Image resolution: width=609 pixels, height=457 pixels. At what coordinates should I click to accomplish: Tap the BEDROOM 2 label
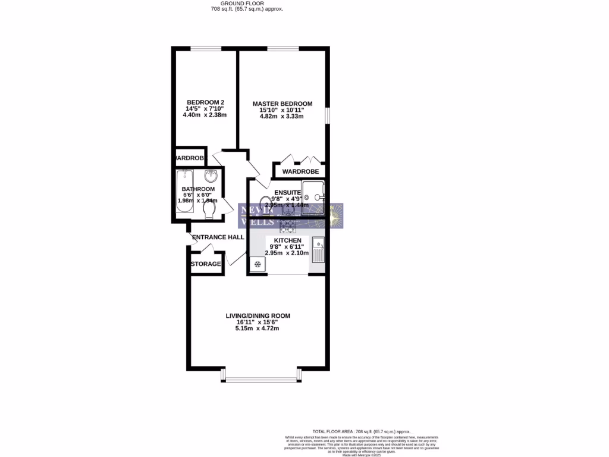[x=200, y=102]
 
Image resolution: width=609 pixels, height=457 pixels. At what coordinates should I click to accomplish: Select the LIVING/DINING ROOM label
[x=258, y=315]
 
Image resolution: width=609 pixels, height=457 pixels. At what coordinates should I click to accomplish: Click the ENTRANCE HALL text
[x=218, y=237]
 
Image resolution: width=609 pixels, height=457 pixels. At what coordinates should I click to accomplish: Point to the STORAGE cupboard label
[x=206, y=264]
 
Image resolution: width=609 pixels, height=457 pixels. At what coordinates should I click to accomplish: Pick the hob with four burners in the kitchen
[x=288, y=225]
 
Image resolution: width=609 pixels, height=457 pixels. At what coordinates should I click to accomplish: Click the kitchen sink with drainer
[x=319, y=250]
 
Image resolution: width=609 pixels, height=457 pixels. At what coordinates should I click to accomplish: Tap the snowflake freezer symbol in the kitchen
[x=258, y=265]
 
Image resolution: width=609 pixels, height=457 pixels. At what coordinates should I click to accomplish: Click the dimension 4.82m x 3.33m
[x=281, y=117]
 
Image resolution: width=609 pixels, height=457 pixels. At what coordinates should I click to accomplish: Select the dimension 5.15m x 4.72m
[x=258, y=328]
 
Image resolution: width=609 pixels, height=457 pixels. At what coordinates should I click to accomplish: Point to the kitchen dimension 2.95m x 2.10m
[x=287, y=253]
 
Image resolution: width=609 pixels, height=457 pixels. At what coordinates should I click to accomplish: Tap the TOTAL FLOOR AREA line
[x=362, y=431]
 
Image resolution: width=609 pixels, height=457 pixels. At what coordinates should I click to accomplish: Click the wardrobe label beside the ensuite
[x=300, y=171]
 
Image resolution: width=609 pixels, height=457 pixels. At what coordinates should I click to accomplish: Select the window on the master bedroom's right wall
[x=327, y=116]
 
